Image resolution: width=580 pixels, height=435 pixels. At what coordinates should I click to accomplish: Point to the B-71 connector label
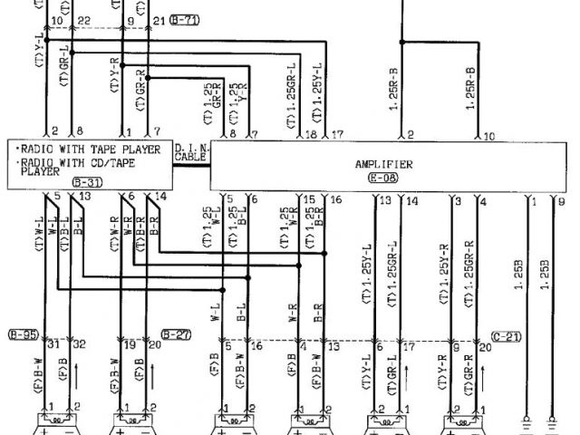184,19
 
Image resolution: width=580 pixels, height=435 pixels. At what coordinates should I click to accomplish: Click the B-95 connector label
23,333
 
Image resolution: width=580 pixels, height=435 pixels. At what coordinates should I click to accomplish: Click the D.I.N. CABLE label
190,151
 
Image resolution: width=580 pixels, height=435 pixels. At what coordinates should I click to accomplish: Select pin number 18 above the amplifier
311,135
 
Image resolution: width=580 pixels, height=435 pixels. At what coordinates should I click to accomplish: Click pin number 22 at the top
84,20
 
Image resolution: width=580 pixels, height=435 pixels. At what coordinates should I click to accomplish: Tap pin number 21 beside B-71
160,20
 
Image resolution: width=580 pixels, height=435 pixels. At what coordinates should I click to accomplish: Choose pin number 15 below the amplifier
309,198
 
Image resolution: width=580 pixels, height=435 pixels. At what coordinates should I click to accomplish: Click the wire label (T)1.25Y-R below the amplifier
444,273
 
